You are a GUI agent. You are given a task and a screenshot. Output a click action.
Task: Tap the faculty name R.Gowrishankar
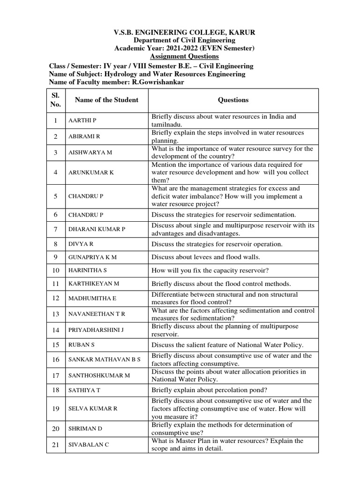(x=159, y=82)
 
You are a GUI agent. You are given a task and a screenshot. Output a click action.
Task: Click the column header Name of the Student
(x=103, y=100)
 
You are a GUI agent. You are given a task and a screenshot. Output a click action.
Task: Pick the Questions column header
(x=233, y=100)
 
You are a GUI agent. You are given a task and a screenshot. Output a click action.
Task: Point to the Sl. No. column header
(x=55, y=100)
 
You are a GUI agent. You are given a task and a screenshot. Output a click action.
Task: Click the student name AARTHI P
(x=82, y=120)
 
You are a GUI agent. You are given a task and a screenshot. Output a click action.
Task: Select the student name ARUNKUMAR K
(x=91, y=172)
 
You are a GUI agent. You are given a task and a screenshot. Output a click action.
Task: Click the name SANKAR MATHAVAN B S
(x=104, y=360)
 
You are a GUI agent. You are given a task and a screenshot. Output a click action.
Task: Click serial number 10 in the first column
(x=55, y=270)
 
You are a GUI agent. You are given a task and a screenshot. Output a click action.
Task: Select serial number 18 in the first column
(x=55, y=390)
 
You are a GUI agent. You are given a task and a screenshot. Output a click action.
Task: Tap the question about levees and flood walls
(x=205, y=257)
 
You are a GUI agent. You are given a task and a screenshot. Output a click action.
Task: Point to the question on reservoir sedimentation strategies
(x=223, y=215)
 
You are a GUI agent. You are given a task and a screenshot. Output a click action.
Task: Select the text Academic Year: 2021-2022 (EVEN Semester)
(x=185, y=49)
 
